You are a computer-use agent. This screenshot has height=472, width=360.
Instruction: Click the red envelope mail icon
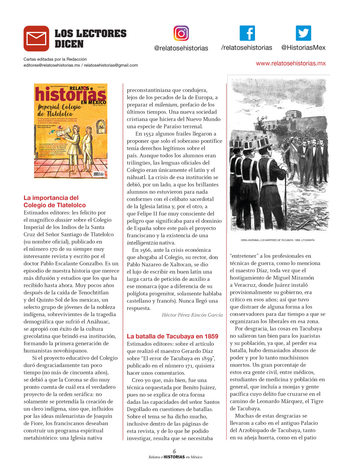(36, 38)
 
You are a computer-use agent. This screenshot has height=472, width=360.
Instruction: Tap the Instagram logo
(181, 33)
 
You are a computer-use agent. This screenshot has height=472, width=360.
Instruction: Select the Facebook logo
(247, 33)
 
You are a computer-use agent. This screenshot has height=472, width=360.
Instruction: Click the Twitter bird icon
(303, 33)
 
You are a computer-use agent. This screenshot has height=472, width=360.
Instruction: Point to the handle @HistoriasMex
(303, 48)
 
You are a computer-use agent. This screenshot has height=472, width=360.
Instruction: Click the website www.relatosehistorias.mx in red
(291, 63)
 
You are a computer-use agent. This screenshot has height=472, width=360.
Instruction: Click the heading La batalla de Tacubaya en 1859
(172, 336)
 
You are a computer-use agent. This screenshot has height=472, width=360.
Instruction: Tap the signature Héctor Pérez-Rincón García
(192, 315)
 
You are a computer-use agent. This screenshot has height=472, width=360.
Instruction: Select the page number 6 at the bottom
(174, 451)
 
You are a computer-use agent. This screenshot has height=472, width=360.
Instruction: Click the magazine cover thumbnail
(70, 131)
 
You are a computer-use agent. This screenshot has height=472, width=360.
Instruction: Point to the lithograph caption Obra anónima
(277, 240)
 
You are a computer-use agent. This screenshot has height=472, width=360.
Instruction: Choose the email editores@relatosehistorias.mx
(52, 65)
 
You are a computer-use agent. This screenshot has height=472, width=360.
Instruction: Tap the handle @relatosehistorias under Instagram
(181, 48)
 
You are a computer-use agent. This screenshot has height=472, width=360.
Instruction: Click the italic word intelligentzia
(142, 243)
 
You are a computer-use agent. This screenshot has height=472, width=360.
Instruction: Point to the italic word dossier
(64, 220)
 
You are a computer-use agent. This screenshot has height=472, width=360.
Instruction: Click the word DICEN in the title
(69, 44)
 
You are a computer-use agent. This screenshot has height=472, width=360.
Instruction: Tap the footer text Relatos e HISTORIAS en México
(175, 457)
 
